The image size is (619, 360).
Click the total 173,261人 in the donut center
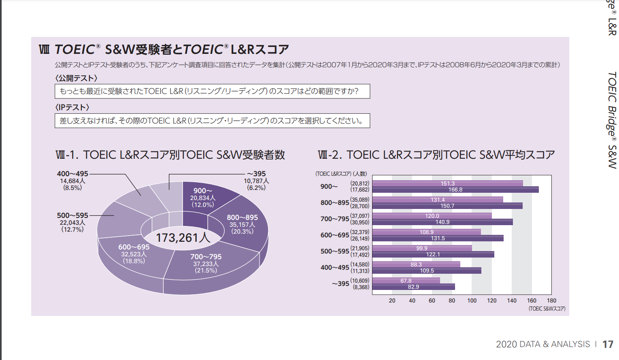coord(183,237)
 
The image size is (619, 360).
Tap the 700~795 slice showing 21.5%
coord(206,263)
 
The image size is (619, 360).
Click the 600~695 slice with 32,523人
coord(134,254)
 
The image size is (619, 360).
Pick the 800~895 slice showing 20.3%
coord(242,224)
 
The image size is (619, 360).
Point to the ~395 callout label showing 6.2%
coord(256,181)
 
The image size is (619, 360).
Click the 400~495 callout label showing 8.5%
coord(72,181)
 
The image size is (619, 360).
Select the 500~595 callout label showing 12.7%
coord(72,222)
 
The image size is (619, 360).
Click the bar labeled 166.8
coord(455,190)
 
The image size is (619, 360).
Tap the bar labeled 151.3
coord(447,183)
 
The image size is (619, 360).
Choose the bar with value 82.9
coord(413,287)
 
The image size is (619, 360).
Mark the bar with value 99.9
coord(422,248)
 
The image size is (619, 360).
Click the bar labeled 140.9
coord(442,222)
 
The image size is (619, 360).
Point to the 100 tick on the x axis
coord(472,300)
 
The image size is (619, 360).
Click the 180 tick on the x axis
coord(551,300)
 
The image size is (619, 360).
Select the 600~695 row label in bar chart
coord(334,235)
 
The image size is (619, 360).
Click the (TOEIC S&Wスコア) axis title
coord(547,309)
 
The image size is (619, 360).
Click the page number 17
coord(608,344)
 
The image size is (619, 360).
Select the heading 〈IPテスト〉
coord(72,107)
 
